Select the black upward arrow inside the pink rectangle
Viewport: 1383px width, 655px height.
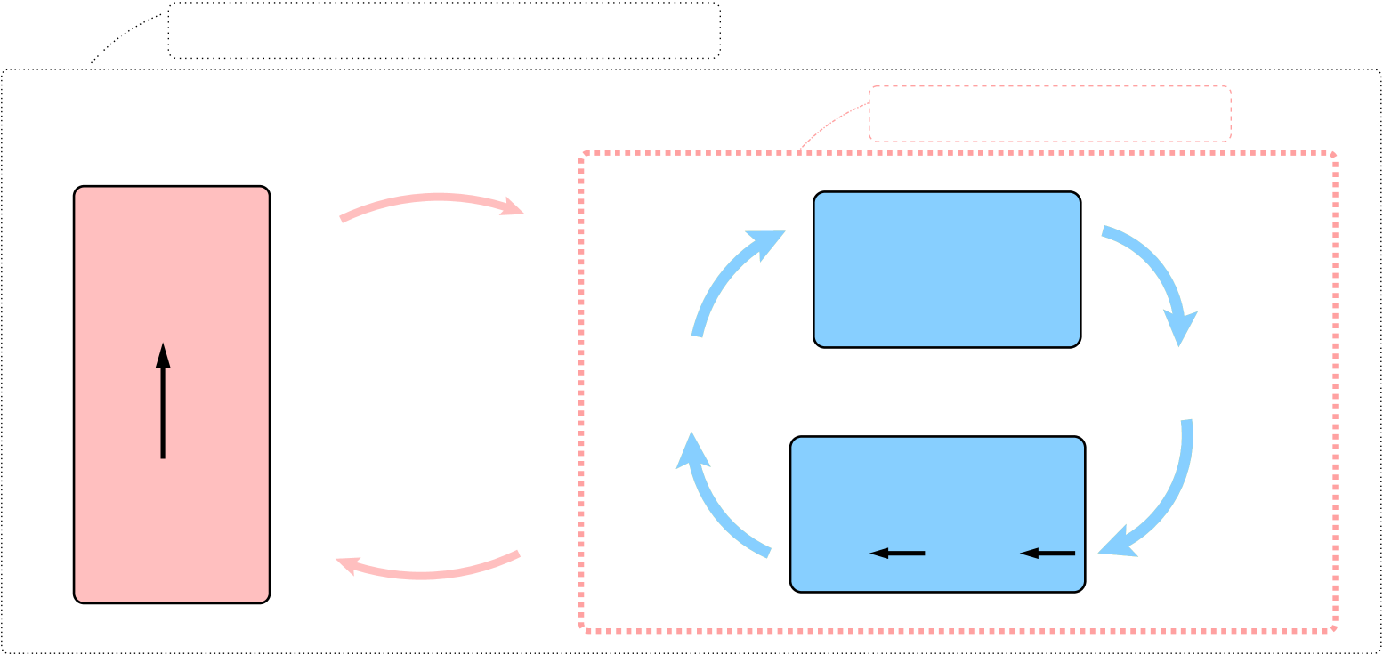[x=163, y=409]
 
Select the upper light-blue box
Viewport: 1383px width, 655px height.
[x=947, y=270]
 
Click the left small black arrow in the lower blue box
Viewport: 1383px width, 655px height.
[x=897, y=554]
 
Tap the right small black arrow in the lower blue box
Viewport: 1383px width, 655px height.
[x=1047, y=554]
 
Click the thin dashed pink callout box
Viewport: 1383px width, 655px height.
[x=1050, y=114]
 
